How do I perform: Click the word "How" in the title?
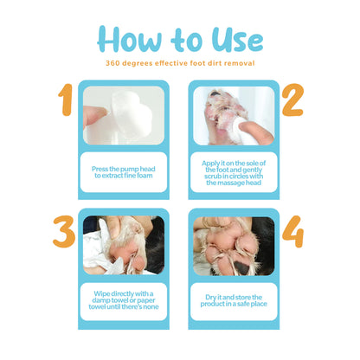pyautogui.click(x=129, y=39)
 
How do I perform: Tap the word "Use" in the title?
pyautogui.click(x=237, y=39)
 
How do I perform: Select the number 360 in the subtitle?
pyautogui.click(x=112, y=63)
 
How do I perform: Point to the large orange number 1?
pyautogui.click(x=66, y=100)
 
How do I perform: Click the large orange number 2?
pyautogui.click(x=292, y=100)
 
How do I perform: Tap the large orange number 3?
pyautogui.click(x=64, y=232)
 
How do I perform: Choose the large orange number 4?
pyautogui.click(x=292, y=232)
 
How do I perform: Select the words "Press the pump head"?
pyautogui.click(x=124, y=169)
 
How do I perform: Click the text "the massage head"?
pyautogui.click(x=234, y=183)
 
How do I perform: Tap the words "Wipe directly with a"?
pyautogui.click(x=124, y=293)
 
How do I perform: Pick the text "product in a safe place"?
pyautogui.click(x=234, y=304)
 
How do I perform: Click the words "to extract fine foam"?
pyautogui.click(x=124, y=176)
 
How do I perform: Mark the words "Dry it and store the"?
pyautogui.click(x=234, y=297)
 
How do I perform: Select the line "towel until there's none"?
pyautogui.click(x=124, y=306)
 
